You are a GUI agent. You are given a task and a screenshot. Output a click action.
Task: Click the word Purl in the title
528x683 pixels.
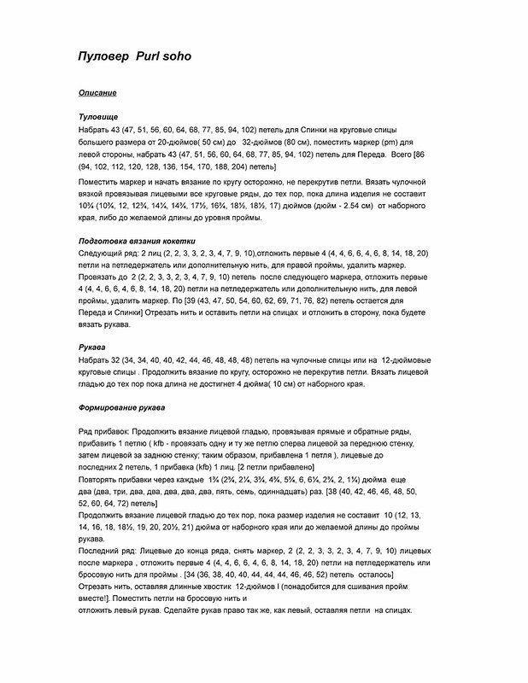pyautogui.click(x=148, y=57)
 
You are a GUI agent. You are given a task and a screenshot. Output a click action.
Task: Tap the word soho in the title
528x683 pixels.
pyautogui.click(x=180, y=57)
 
